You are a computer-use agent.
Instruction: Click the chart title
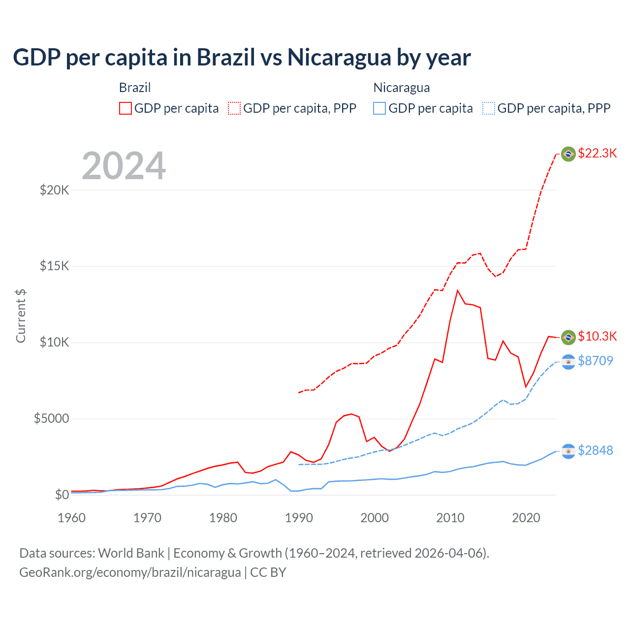[242, 58]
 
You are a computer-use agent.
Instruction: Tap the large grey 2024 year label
[124, 166]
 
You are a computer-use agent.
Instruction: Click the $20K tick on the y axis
[54, 190]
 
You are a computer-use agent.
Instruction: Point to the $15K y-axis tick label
[54, 266]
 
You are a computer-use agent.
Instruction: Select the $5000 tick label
[51, 419]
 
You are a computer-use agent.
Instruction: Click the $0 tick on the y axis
[62, 495]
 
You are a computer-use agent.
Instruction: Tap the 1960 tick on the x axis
[72, 518]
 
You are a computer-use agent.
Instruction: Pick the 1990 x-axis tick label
[299, 518]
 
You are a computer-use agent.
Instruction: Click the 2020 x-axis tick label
[526, 518]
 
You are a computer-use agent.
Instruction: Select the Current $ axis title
[21, 315]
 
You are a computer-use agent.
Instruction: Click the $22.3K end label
[597, 153]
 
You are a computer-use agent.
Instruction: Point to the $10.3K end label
[597, 336]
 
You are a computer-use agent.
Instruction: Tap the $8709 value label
[595, 361]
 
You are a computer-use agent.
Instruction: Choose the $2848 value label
[595, 450]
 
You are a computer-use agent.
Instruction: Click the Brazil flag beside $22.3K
[568, 154]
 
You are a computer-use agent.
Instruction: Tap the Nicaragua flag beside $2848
[568, 451]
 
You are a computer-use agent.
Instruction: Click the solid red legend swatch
[126, 108]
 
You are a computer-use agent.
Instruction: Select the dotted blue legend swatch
[489, 108]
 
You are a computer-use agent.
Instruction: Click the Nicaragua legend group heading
[402, 88]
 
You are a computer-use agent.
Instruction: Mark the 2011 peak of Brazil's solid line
[458, 290]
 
